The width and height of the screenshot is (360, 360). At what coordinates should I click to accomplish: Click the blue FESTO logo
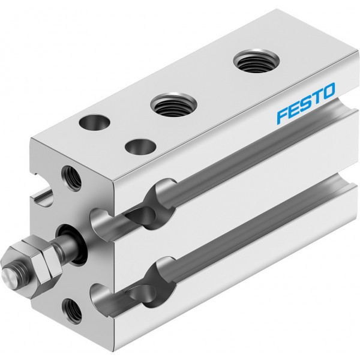click(x=306, y=103)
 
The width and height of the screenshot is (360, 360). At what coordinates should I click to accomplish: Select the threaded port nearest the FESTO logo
click(x=256, y=61)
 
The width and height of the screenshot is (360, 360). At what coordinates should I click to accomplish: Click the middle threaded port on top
click(x=173, y=105)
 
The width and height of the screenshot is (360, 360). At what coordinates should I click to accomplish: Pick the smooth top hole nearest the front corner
click(x=140, y=146)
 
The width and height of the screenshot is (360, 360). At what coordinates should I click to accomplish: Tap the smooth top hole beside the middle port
click(x=94, y=122)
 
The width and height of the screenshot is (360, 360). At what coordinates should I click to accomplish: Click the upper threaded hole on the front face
click(x=71, y=178)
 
